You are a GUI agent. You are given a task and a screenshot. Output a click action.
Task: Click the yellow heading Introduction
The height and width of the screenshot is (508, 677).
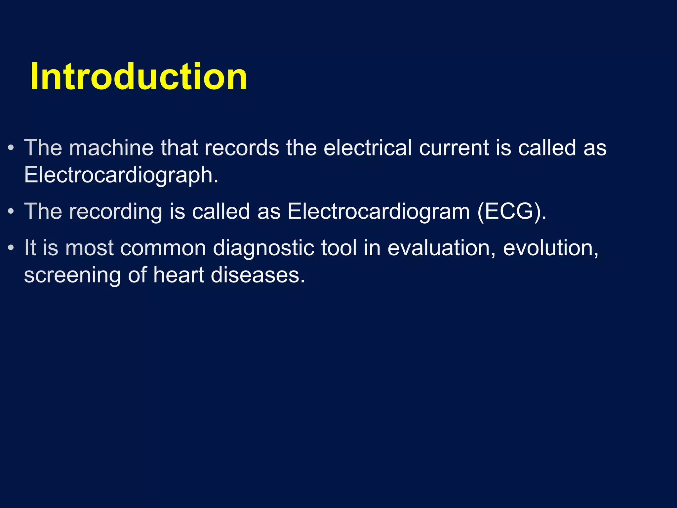(139, 77)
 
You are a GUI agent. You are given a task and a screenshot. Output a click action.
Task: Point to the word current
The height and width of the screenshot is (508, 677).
(454, 148)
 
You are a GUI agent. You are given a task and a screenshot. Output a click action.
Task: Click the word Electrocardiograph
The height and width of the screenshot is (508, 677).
(121, 175)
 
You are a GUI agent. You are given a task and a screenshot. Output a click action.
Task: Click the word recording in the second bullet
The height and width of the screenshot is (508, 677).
(115, 212)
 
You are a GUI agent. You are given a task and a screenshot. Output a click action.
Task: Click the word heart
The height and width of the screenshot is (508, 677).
(179, 275)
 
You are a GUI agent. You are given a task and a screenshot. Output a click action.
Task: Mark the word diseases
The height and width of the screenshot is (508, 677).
(258, 275)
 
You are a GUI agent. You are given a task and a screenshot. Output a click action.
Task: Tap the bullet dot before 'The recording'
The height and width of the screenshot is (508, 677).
(11, 212)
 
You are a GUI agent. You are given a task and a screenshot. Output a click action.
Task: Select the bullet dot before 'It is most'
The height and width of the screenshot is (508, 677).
(11, 248)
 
